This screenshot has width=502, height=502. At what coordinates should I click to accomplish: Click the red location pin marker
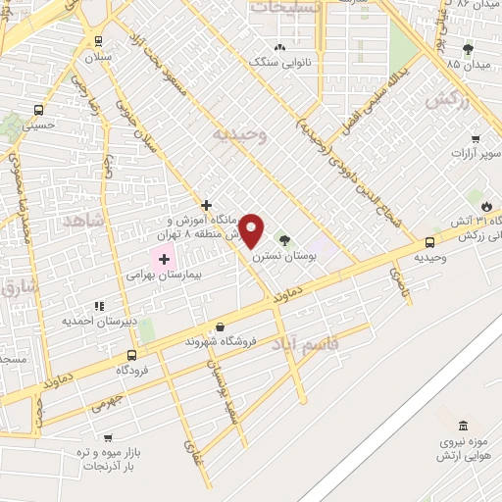tap(252, 230)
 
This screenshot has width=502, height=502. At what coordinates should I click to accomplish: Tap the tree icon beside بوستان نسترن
tap(285, 239)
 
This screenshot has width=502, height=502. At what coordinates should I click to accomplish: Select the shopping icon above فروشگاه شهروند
tap(219, 327)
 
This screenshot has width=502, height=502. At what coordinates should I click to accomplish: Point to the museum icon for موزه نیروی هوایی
tap(463, 427)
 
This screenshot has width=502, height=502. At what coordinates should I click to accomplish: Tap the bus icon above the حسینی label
tap(38, 111)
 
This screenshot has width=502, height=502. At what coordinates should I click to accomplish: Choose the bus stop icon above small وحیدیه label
tap(430, 242)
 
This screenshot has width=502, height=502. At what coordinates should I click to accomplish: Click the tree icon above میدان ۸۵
tap(467, 49)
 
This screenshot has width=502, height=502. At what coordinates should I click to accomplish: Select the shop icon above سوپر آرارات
tap(476, 139)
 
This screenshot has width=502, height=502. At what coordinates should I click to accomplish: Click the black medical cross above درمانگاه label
tap(205, 205)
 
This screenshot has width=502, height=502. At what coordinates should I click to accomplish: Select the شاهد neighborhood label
tap(81, 223)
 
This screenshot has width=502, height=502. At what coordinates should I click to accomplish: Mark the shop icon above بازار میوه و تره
tap(107, 438)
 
